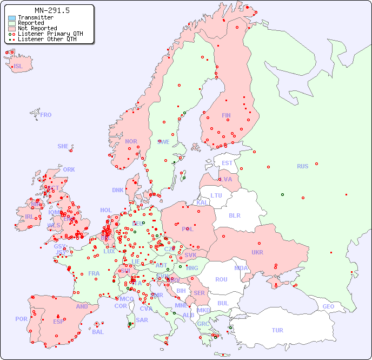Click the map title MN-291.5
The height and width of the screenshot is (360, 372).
coord(52,10)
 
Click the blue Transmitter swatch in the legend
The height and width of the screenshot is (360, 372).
coord(12,18)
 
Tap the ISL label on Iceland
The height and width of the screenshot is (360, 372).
coord(18,67)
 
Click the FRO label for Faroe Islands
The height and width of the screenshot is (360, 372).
coord(46,115)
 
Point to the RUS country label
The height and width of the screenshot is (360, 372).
coord(302,166)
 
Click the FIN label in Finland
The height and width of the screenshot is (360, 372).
coord(226,115)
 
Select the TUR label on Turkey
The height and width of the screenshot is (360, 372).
coord(277,330)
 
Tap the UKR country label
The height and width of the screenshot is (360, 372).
coord(257,252)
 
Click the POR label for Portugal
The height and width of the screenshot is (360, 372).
coord(21,319)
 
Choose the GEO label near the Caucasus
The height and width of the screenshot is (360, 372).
coord(328,306)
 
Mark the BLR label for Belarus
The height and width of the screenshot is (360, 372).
coord(234,215)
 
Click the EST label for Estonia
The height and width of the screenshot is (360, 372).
coord(227,163)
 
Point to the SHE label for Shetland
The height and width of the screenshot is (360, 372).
coord(63,146)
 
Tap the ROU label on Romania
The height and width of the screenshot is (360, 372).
coord(221,279)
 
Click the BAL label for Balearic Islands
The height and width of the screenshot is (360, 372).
coord(98,332)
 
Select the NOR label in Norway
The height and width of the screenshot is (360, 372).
coord(131,141)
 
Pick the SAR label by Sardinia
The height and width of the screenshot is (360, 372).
coord(142,320)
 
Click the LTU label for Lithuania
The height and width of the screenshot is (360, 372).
coord(216,195)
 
